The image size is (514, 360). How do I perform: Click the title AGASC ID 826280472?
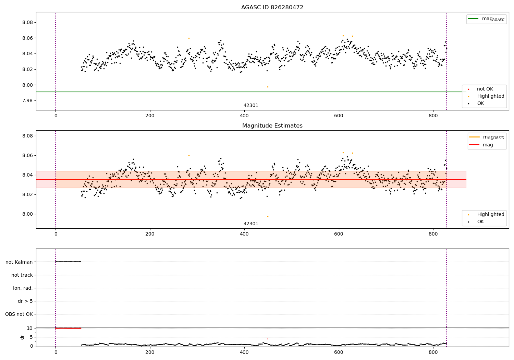pyautogui.click(x=272, y=8)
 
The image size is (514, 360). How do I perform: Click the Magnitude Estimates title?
pyautogui.click(x=272, y=126)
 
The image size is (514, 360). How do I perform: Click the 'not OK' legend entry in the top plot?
pyautogui.click(x=485, y=89)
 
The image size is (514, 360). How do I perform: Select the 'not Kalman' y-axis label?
pyautogui.click(x=19, y=262)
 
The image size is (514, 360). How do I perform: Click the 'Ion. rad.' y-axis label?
pyautogui.click(x=23, y=288)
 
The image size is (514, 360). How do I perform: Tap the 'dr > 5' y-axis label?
pyautogui.click(x=25, y=301)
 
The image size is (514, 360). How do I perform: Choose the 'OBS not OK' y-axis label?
pyautogui.click(x=19, y=314)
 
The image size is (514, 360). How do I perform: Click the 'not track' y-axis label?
pyautogui.click(x=22, y=275)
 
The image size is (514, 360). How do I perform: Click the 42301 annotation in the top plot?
pyautogui.click(x=251, y=106)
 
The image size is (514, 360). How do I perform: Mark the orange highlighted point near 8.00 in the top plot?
pyautogui.click(x=268, y=87)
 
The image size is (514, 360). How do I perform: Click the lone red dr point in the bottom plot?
pyautogui.click(x=268, y=339)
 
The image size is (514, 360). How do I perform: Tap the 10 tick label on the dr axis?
pyautogui.click(x=30, y=328)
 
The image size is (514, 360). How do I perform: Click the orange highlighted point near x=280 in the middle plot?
pyautogui.click(x=189, y=155)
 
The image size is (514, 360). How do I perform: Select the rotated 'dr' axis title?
pyautogui.click(x=22, y=337)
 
